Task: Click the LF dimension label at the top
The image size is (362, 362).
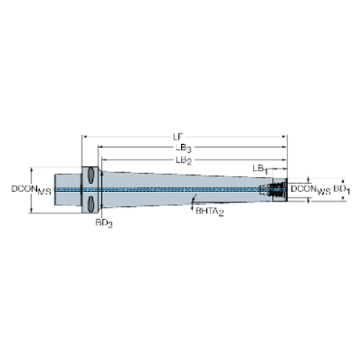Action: (x=177, y=137)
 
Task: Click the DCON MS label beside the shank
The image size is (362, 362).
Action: (x=26, y=189)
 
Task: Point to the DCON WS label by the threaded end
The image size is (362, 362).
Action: (x=304, y=189)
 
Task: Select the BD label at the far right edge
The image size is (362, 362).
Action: (x=339, y=189)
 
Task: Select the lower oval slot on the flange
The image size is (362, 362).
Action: (x=91, y=202)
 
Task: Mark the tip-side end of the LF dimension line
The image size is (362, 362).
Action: (x=286, y=137)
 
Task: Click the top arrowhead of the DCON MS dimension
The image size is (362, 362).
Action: (x=32, y=168)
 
